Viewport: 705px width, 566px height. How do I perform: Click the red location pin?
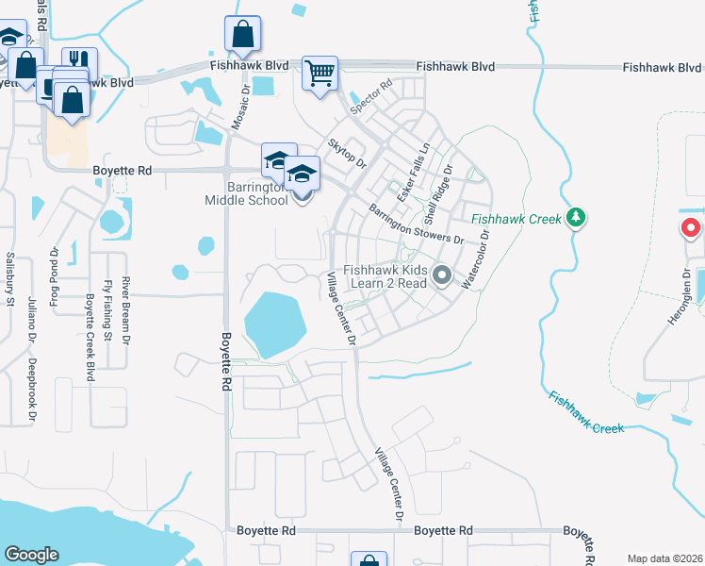click(690, 228)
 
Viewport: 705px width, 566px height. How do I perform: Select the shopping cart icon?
click(320, 73)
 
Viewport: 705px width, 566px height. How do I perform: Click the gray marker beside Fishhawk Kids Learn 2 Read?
click(441, 275)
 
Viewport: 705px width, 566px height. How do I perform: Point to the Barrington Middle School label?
click(247, 193)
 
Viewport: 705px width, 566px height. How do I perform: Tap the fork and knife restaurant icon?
click(79, 60)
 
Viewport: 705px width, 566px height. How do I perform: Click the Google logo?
click(32, 555)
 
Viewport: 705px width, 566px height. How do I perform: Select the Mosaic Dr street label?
click(240, 109)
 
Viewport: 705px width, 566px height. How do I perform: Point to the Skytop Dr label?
click(346, 153)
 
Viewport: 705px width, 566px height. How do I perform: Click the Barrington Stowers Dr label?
click(416, 224)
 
